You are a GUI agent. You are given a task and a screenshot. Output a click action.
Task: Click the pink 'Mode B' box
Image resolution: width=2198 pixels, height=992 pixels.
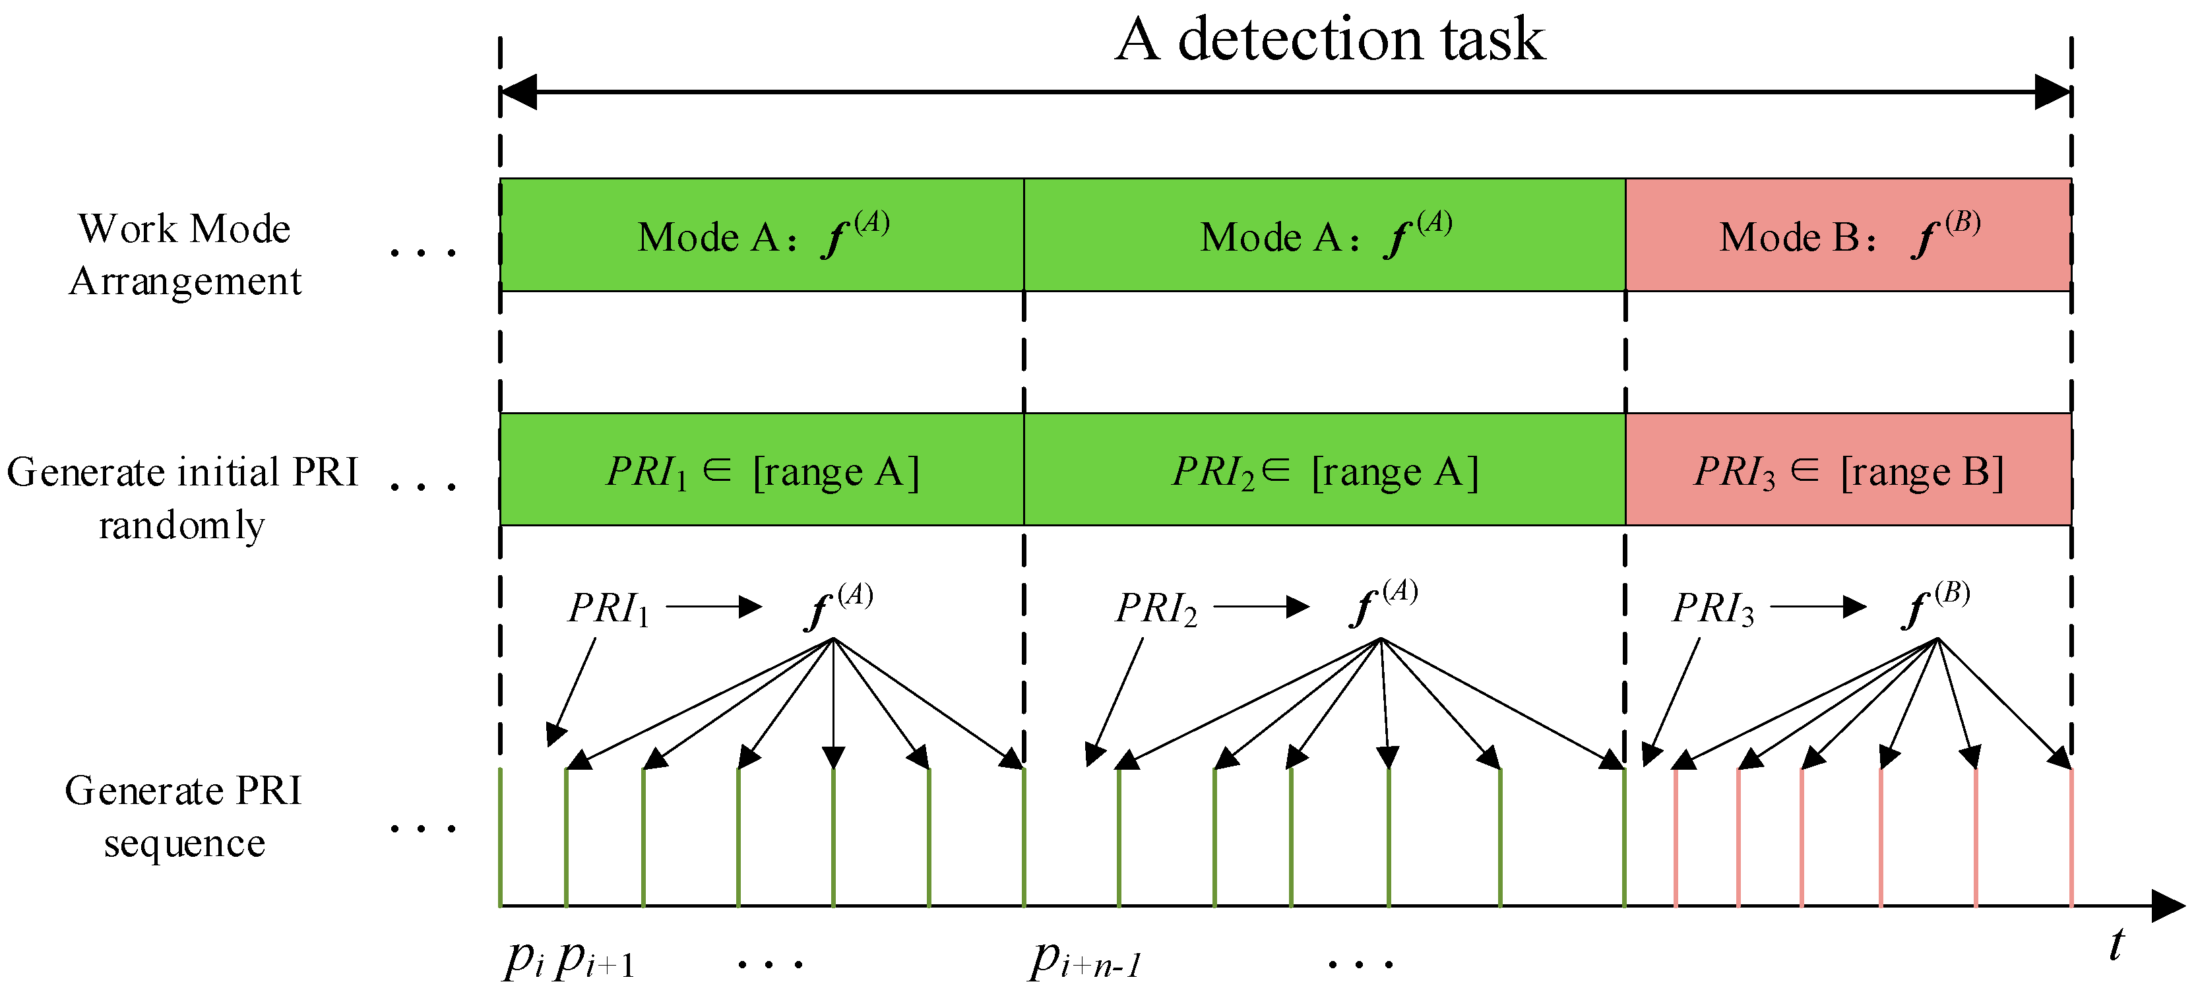(x=1848, y=235)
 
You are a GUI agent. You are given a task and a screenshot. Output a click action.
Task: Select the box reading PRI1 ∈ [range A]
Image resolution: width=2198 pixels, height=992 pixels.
(x=762, y=470)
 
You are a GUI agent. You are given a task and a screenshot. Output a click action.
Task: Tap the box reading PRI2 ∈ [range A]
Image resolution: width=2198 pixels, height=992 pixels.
(x=1324, y=470)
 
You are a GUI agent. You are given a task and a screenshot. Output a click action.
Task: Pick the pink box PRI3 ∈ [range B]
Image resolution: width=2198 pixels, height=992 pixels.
(x=1848, y=470)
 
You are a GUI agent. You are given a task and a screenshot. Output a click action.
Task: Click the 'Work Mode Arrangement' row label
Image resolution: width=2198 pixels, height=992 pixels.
(x=185, y=254)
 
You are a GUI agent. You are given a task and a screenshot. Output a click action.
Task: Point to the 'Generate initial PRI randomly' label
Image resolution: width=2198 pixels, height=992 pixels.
(x=182, y=497)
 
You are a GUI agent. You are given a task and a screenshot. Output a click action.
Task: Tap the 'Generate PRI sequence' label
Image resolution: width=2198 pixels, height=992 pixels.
(x=183, y=817)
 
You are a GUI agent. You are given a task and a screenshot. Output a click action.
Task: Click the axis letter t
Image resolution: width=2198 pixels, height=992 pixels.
(x=2117, y=945)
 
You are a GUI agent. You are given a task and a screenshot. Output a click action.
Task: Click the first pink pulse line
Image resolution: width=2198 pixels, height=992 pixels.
(x=1676, y=836)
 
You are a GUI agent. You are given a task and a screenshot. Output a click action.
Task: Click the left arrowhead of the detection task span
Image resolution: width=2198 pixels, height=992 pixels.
(x=518, y=91)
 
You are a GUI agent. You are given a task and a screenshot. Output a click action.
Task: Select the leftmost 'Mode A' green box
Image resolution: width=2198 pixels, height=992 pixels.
(x=762, y=235)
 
